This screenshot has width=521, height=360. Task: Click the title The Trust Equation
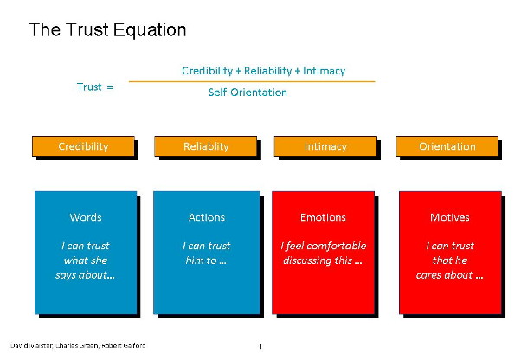(x=107, y=30)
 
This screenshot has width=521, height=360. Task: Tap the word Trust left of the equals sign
(x=89, y=87)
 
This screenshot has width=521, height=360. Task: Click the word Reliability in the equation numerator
(x=267, y=71)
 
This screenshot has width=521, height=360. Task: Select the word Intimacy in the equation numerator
(x=324, y=71)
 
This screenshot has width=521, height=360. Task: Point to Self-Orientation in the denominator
(x=248, y=93)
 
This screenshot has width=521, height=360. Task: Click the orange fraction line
(x=252, y=81)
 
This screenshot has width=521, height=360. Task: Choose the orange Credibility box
(x=83, y=146)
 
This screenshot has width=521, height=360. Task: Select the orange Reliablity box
(x=206, y=146)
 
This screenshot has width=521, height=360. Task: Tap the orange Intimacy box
(x=325, y=146)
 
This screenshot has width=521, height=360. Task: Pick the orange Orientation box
(x=447, y=146)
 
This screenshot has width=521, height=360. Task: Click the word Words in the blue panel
(x=86, y=217)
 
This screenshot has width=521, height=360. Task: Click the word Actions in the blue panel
(x=207, y=217)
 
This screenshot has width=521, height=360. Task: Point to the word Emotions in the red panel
(x=323, y=217)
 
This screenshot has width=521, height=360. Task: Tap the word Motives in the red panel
(x=450, y=217)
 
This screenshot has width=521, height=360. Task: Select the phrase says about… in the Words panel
(x=85, y=275)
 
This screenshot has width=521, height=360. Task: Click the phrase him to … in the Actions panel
(x=206, y=260)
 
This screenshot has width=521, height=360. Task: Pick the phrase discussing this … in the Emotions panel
(x=323, y=260)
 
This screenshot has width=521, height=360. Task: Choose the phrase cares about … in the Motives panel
(x=449, y=275)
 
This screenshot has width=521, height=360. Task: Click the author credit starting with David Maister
(x=78, y=345)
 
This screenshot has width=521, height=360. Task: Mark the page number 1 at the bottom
(x=260, y=347)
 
